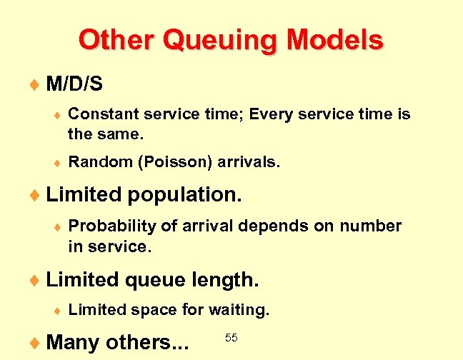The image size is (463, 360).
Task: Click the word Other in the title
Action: coord(117,40)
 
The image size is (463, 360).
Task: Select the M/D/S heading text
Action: coord(74,85)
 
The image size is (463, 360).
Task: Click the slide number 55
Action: coord(231,336)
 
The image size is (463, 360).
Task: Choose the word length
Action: coord(225,281)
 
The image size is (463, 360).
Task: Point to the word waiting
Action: coord(239,310)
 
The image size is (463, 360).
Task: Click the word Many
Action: coord(73,343)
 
